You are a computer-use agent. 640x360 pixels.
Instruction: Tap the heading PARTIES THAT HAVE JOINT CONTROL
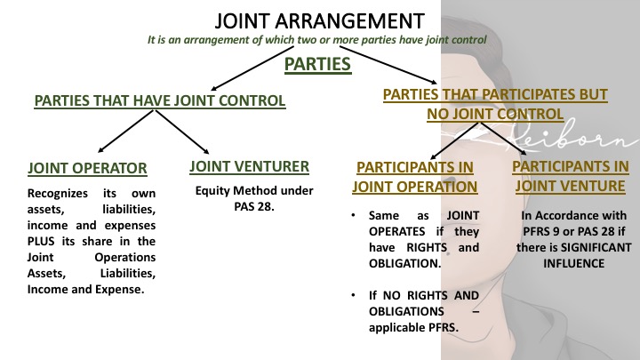[160, 102]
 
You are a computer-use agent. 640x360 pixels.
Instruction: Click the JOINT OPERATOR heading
[86, 166]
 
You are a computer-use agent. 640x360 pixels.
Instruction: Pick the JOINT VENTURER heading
[249, 164]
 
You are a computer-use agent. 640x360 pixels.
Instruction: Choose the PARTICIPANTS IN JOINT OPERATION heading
[415, 176]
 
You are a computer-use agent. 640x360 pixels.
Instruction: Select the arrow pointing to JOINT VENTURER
[189, 137]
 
